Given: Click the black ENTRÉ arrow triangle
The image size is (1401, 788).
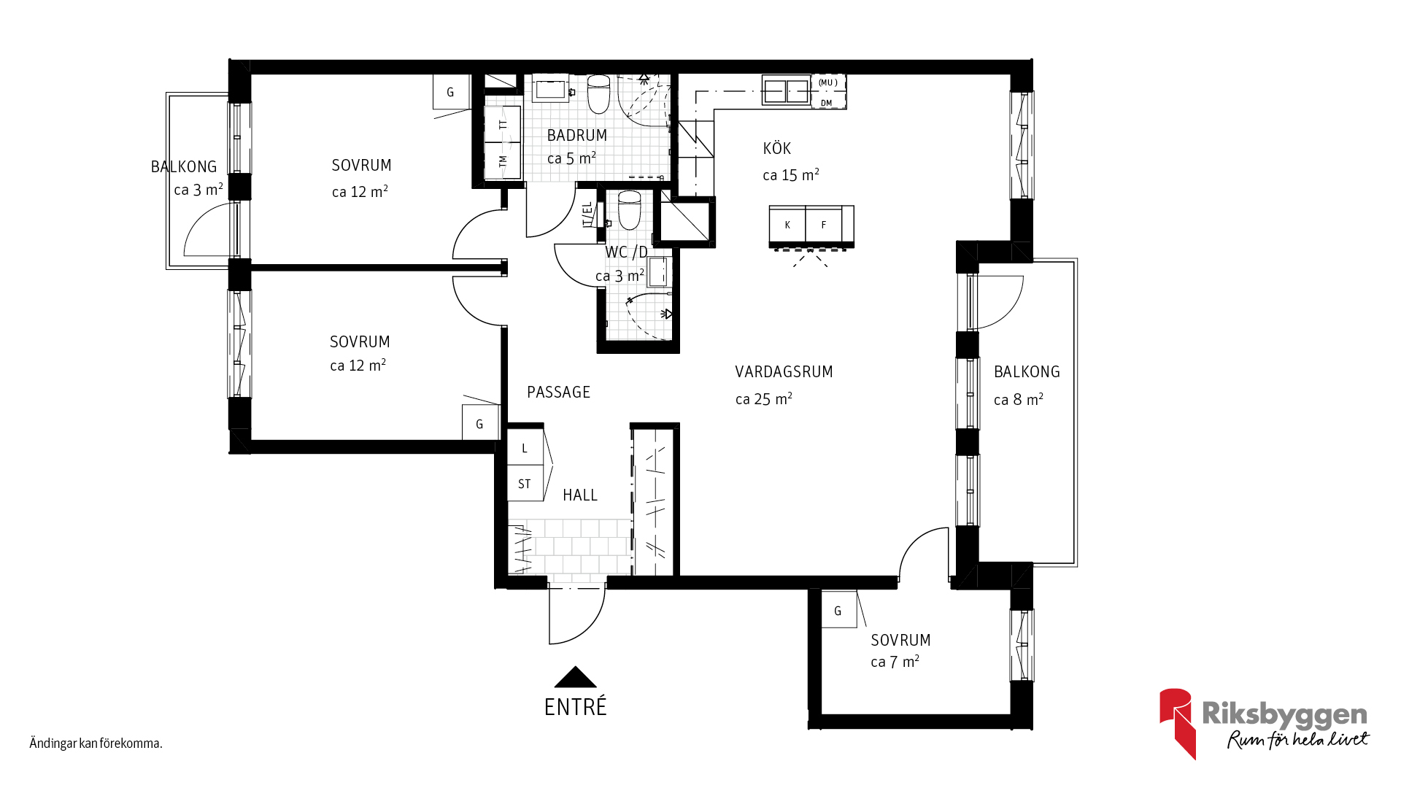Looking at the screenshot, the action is pyautogui.click(x=576, y=678).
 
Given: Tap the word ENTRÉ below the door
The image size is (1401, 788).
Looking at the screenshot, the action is pyautogui.click(x=576, y=707).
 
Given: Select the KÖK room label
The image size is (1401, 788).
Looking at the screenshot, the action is pyautogui.click(x=777, y=148).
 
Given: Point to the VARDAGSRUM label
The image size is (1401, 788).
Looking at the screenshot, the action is pyautogui.click(x=784, y=372).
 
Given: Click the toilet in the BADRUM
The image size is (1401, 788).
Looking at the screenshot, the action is pyautogui.click(x=599, y=94).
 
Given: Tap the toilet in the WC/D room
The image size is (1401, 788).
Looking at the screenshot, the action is pyautogui.click(x=629, y=210).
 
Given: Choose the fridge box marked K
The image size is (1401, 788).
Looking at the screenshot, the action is pyautogui.click(x=787, y=225).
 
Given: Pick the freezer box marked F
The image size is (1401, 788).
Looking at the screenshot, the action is pyautogui.click(x=824, y=225).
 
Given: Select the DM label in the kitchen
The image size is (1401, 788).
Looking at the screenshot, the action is pyautogui.click(x=826, y=103).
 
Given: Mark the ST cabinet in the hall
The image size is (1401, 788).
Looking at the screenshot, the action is pyautogui.click(x=525, y=484).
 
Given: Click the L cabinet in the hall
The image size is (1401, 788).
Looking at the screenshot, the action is pyautogui.click(x=525, y=448).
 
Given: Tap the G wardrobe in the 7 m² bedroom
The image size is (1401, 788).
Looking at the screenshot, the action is pyautogui.click(x=838, y=611).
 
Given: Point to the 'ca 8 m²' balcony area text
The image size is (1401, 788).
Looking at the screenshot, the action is pyautogui.click(x=1019, y=400).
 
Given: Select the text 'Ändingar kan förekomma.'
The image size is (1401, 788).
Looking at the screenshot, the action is pyautogui.click(x=96, y=743).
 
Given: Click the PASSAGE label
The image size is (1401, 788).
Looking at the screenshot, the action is pyautogui.click(x=559, y=393).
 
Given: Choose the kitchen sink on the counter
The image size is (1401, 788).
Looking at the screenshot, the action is pyautogui.click(x=786, y=91).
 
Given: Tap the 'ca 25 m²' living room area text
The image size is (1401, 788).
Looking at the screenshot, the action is pyautogui.click(x=764, y=399).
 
